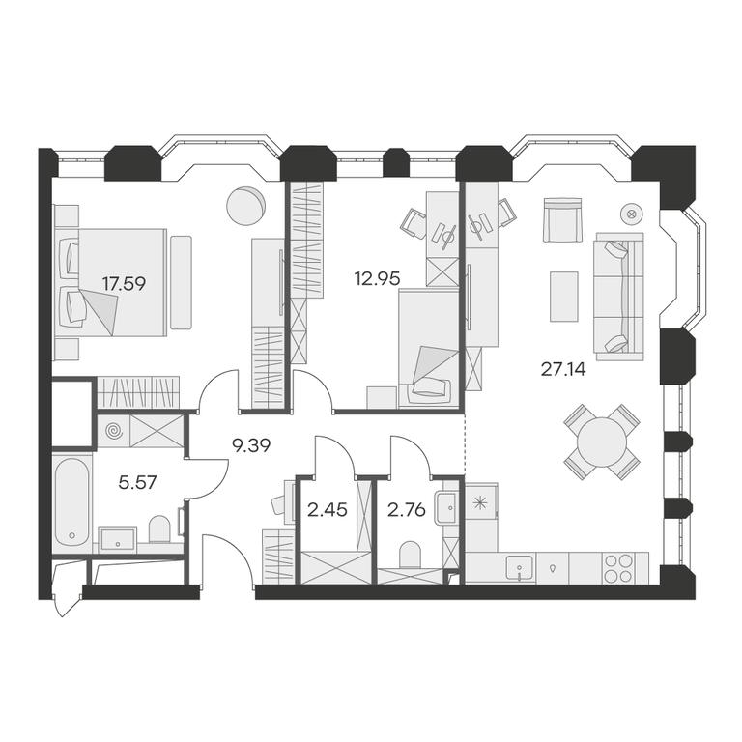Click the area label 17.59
124,284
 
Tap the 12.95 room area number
377,278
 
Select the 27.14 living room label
563,369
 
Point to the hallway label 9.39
251,445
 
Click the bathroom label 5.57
137,483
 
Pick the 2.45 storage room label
327,510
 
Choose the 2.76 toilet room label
407,510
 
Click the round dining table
602,442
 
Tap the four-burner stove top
618,568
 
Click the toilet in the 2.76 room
410,556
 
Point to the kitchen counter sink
519,568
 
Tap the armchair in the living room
562,220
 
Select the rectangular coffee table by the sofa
564,297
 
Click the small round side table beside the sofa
631,214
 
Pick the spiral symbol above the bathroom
114,431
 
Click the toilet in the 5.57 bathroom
159,529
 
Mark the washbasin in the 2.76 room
445,508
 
